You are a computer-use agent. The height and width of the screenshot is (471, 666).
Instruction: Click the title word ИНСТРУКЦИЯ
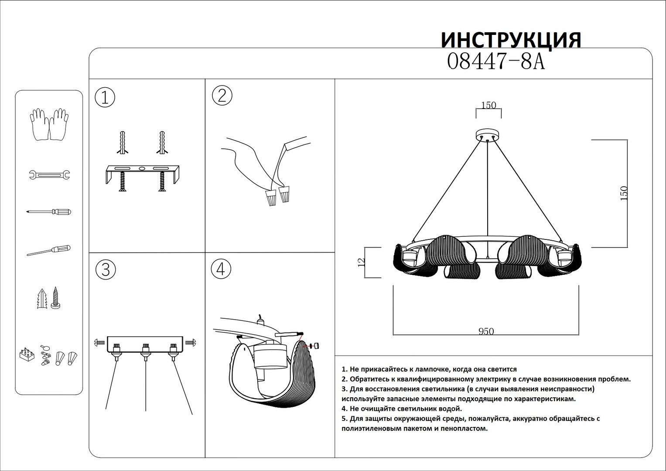[x=511, y=40]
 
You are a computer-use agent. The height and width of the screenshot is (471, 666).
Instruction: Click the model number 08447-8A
[x=496, y=62]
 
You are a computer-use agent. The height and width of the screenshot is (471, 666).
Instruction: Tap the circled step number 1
[x=105, y=97]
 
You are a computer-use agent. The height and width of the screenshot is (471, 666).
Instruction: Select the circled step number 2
[x=222, y=96]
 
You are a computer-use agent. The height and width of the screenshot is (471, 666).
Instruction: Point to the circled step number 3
[x=106, y=270]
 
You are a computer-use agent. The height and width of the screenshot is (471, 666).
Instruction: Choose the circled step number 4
[x=221, y=269]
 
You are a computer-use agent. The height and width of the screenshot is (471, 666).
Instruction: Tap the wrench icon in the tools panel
[x=49, y=175]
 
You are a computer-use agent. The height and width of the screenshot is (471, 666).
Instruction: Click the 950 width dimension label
[x=486, y=331]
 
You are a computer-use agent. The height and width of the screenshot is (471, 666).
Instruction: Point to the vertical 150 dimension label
[x=624, y=193]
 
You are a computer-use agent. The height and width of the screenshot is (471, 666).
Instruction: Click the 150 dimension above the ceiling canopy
[x=488, y=105]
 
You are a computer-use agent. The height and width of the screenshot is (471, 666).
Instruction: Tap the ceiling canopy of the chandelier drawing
[x=488, y=135]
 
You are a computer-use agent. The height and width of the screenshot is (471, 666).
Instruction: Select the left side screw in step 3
[x=99, y=343]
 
